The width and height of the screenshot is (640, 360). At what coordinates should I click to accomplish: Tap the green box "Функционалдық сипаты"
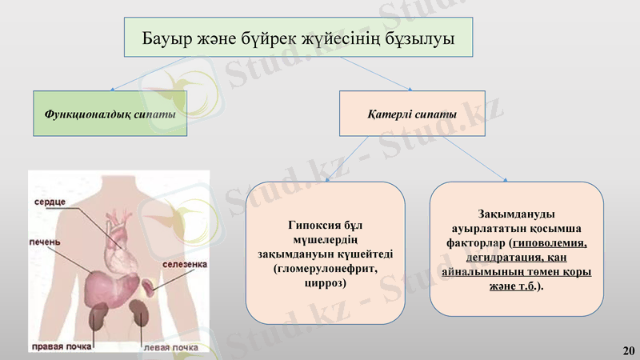click(x=110, y=114)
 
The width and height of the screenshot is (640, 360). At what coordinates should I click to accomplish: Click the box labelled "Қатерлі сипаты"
click(x=412, y=114)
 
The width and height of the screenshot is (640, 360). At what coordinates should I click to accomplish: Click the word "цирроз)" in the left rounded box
click(x=325, y=284)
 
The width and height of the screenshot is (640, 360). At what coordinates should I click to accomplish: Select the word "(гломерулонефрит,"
click(x=325, y=270)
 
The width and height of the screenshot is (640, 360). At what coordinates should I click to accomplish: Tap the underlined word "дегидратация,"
click(x=483, y=257)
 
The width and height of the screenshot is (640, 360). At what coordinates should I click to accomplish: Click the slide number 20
click(x=628, y=350)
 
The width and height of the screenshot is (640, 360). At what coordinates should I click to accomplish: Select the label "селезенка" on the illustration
click(x=185, y=263)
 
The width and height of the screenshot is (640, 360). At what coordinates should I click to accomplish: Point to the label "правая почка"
click(x=59, y=347)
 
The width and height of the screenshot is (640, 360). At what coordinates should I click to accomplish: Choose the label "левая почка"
click(x=170, y=347)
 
